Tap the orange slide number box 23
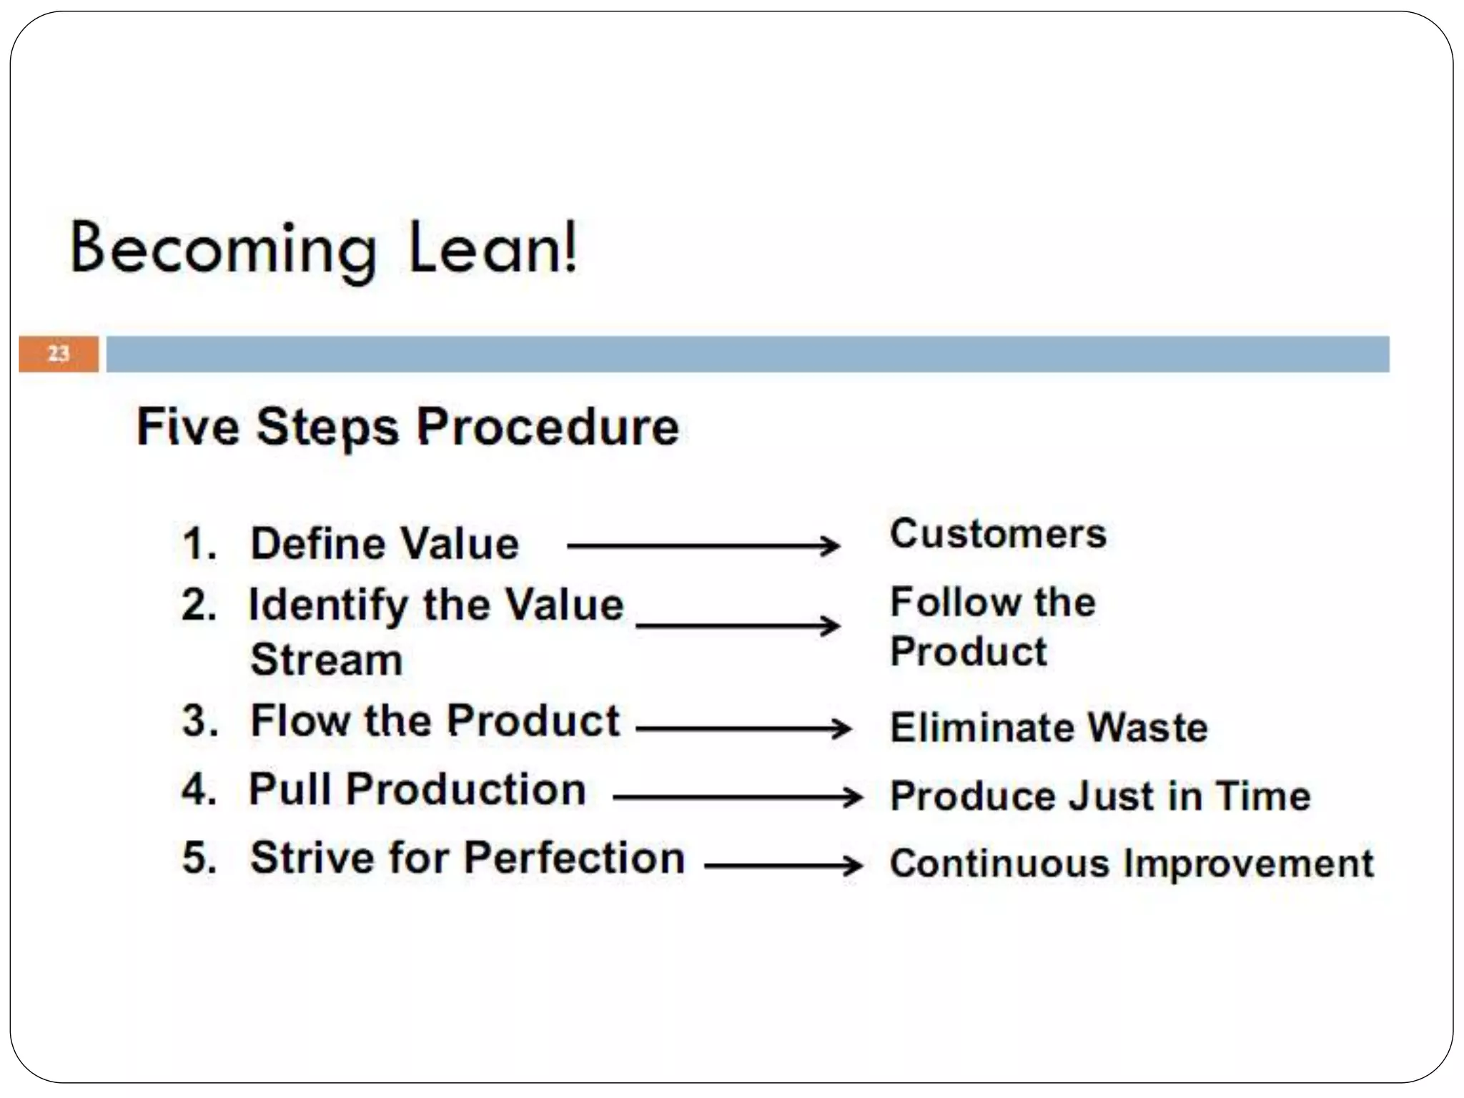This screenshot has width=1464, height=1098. coord(59,354)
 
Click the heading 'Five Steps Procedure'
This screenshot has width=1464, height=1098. coord(407,427)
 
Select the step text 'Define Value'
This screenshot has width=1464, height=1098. coord(385,544)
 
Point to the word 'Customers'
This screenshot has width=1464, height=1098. coord(998,534)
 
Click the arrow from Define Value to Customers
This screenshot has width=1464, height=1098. coord(703,546)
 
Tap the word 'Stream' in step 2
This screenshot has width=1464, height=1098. coord(327,659)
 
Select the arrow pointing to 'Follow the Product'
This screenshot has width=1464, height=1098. coord(737,626)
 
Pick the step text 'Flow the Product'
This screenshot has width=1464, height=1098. coord(435,721)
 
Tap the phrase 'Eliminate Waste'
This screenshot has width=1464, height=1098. coord(1049,728)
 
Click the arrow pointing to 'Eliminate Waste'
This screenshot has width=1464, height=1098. coord(743,729)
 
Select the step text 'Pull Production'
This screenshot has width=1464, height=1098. coord(417,790)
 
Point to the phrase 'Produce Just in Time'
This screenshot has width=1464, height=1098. coord(1100,796)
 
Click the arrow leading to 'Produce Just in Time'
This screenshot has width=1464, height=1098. coord(738,797)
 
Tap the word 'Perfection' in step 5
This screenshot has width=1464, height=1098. coord(575,857)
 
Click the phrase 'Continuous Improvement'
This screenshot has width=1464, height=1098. coord(1132,864)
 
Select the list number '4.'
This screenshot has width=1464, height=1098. coord(199,790)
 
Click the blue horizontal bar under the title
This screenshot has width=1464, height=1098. coord(747,354)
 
